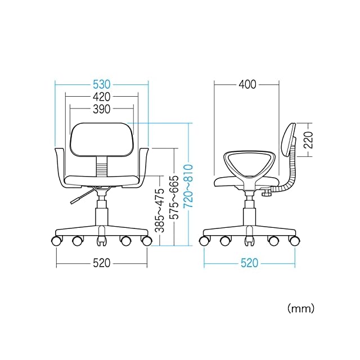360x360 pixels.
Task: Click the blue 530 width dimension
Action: pyautogui.click(x=101, y=84)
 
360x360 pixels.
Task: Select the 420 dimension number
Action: pyautogui.click(x=101, y=97)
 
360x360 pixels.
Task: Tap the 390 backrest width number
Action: pyautogui.click(x=101, y=109)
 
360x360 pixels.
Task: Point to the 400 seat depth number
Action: pyautogui.click(x=247, y=84)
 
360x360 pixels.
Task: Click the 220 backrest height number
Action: pyautogui.click(x=308, y=140)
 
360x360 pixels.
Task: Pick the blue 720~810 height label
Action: pyautogui.click(x=188, y=186)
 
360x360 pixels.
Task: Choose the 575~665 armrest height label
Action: pyautogui.click(x=174, y=197)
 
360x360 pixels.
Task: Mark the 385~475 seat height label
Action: pyautogui.click(x=159, y=211)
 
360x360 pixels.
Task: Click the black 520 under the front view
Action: pyautogui.click(x=101, y=263)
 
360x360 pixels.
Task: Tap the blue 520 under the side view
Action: pyautogui.click(x=250, y=263)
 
